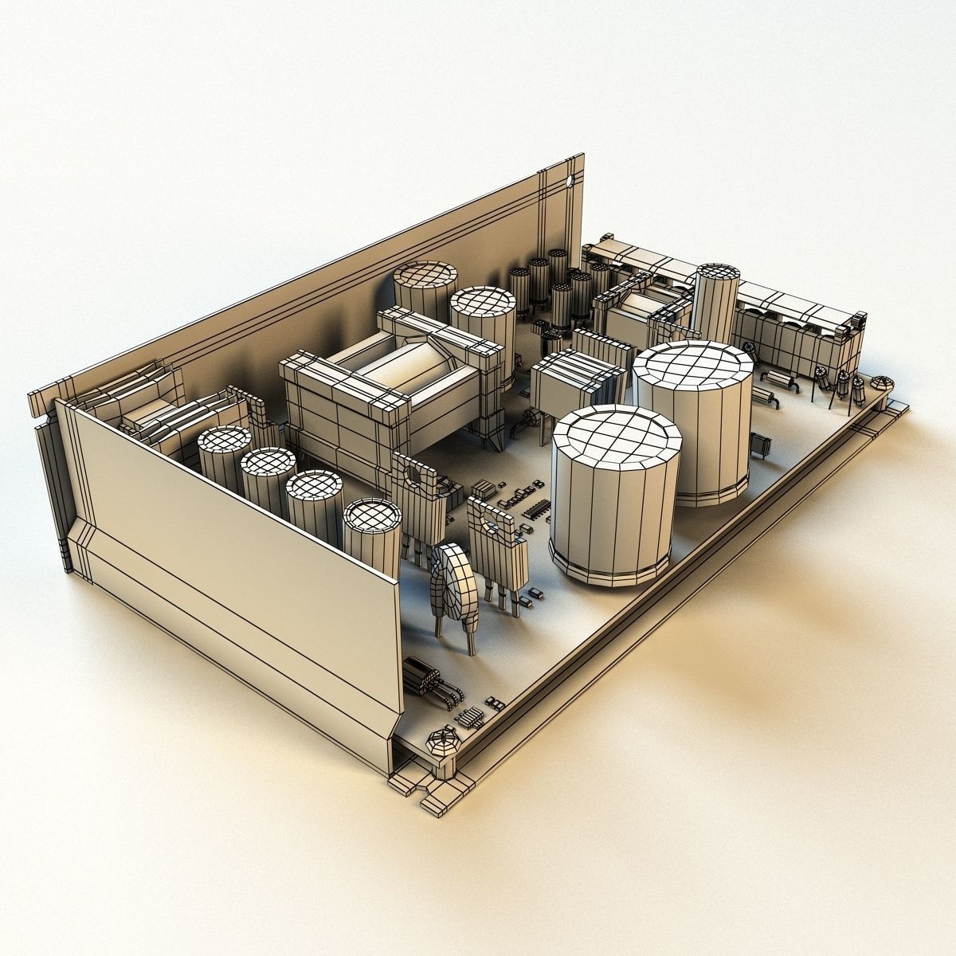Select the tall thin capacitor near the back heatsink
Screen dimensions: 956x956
pyautogui.click(x=715, y=303)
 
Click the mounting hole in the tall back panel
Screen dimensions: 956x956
pyautogui.click(x=570, y=182)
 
